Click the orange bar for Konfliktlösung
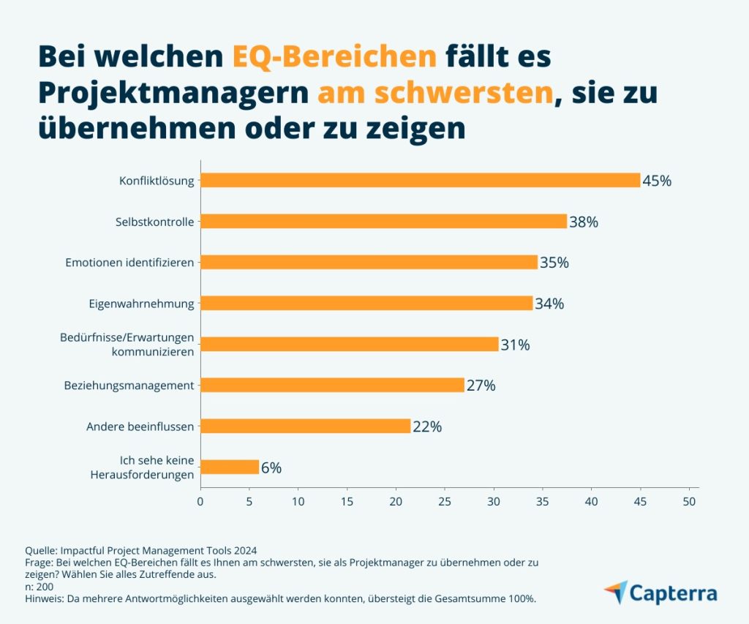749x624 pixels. [420, 180]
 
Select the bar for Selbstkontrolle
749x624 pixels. [383, 221]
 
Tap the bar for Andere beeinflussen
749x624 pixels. [305, 426]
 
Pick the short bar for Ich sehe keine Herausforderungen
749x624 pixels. [230, 467]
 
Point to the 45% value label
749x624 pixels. [657, 181]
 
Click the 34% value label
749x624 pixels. [549, 304]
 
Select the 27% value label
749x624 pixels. [481, 386]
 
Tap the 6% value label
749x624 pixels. [271, 467]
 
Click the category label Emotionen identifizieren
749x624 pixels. [129, 262]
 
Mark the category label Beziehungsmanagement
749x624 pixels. [129, 385]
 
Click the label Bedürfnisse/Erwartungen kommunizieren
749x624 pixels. [127, 344]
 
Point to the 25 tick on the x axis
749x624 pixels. [445, 502]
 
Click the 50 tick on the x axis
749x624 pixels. [689, 502]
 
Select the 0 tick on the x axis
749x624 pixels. [200, 502]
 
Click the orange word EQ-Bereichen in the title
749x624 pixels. [334, 56]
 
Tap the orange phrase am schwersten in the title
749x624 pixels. [434, 93]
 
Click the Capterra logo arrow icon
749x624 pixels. [617, 591]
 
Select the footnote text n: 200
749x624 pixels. [39, 587]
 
